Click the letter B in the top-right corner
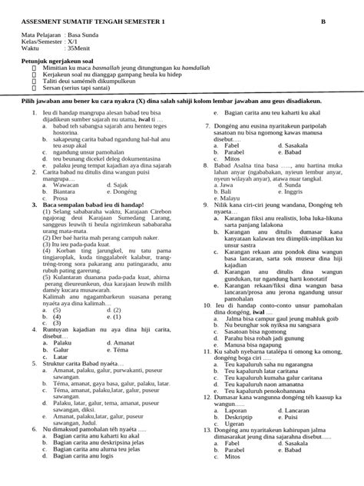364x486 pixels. [322, 23]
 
